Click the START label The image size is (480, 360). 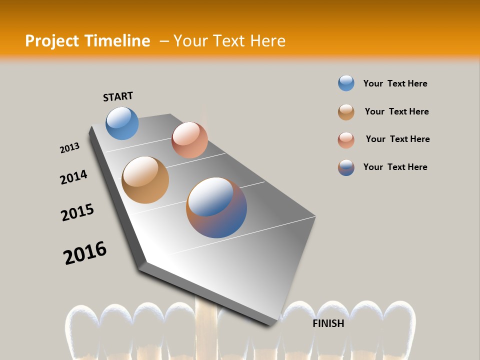click(x=118, y=96)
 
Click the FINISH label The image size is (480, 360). click(x=328, y=323)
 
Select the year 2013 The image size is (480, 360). click(x=69, y=148)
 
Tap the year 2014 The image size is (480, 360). click(x=73, y=177)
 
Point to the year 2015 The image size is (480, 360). click(x=77, y=212)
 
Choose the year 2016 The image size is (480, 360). click(x=85, y=253)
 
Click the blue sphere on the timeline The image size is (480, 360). click(x=122, y=123)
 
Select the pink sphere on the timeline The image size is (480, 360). click(x=189, y=140)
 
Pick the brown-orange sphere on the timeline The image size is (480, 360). click(x=145, y=180)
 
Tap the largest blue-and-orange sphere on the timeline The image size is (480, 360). click(x=216, y=207)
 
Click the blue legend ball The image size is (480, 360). click(x=346, y=83)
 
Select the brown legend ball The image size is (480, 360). click(x=346, y=112)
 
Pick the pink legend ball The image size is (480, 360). click(x=346, y=140)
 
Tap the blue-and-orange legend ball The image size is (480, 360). click(x=346, y=167)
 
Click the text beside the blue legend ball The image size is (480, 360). click(x=395, y=83)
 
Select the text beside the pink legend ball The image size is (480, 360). click(x=397, y=139)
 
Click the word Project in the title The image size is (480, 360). click(x=51, y=41)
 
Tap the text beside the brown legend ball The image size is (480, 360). click(x=396, y=111)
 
